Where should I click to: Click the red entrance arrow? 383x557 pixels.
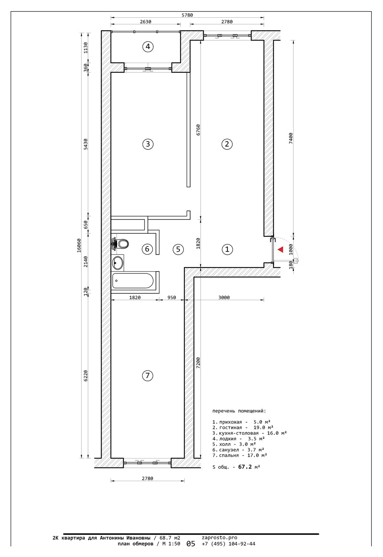tap(281, 249)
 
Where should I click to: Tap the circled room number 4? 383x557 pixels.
tap(148, 47)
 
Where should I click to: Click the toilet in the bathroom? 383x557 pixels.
tap(120, 244)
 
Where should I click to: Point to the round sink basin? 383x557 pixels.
tap(117, 262)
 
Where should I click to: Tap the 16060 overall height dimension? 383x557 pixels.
tap(79, 246)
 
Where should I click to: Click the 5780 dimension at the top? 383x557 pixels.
tap(187, 15)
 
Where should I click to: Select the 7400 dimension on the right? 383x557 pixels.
tap(291, 138)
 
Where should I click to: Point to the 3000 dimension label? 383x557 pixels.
tap(224, 297)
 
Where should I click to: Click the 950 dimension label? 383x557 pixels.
tap(172, 297)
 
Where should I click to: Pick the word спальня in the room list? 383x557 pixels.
tap(229, 455)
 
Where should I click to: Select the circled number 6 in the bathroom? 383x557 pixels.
tap(147, 249)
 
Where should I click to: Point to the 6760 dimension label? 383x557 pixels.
tap(198, 130)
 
